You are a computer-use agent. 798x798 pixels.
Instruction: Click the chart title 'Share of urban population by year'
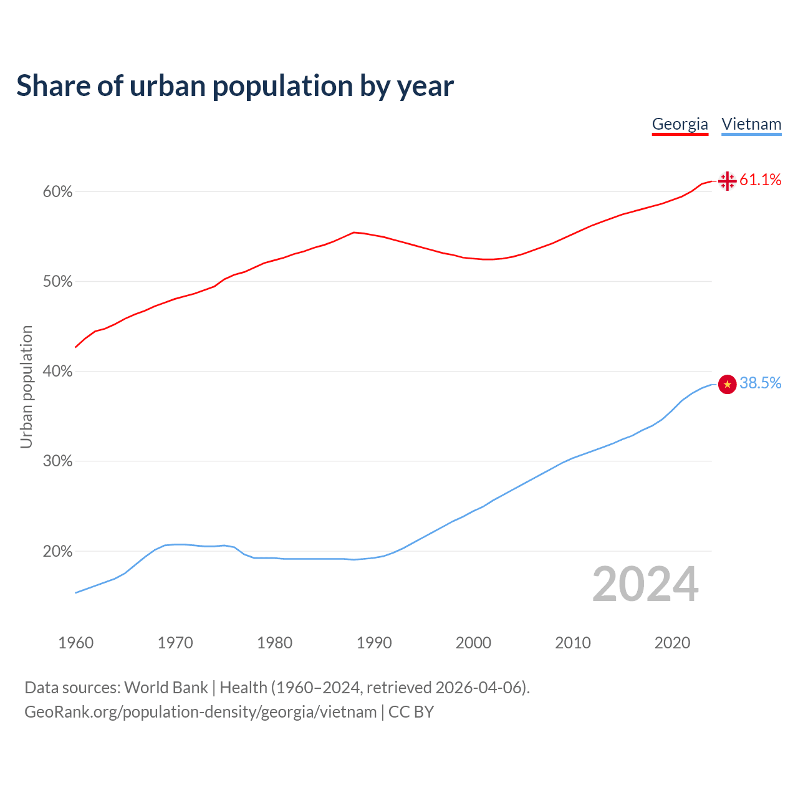coord(235,86)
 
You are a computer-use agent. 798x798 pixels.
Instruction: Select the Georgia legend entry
coord(680,124)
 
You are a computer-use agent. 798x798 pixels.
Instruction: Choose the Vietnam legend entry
coord(751,124)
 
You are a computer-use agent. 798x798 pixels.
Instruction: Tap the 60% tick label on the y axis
coord(57,192)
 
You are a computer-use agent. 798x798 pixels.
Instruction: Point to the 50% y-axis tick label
coord(57,282)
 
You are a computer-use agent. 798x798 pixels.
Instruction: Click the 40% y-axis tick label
coord(57,372)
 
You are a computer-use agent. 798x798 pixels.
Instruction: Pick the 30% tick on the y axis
coord(57,461)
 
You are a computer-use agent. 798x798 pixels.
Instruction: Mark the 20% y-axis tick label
coord(57,552)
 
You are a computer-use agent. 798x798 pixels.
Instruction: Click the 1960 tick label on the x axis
coord(75,643)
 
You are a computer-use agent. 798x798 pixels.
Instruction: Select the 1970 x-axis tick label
coord(175,643)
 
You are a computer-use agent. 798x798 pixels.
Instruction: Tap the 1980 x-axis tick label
coord(274,643)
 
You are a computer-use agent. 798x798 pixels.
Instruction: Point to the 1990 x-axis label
coord(374,643)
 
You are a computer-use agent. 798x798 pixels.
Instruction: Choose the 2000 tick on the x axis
coord(473,643)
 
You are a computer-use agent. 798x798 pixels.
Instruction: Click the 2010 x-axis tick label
coord(573,643)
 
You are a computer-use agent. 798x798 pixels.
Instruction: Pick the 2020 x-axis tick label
coord(672,643)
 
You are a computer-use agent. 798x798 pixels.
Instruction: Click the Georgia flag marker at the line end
coord(727,181)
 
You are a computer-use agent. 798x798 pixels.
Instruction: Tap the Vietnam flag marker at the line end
coord(727,384)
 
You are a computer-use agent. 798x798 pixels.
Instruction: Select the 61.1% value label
coord(760,180)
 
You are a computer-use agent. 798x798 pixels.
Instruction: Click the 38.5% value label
coord(760,383)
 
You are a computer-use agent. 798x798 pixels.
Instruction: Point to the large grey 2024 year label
coord(645,585)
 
